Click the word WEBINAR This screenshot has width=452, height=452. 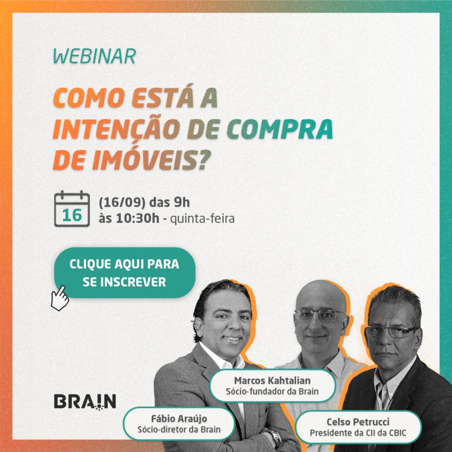pos(95,56)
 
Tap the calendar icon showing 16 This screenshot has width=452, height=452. pos(72,209)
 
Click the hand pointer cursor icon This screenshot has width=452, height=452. pos(60,298)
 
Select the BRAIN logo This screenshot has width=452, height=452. pos(85,402)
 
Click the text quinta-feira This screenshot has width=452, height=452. pos(202,219)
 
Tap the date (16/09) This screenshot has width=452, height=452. pos(122,203)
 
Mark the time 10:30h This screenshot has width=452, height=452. pos(138,219)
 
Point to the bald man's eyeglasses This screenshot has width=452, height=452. pos(320,316)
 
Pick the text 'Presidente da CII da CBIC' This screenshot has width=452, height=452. pos(358,433)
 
